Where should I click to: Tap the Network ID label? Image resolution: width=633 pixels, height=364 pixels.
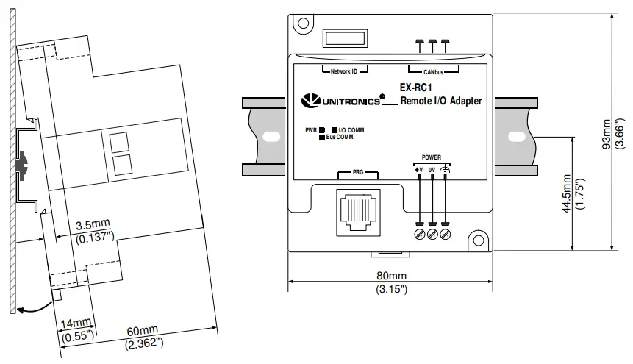tap(344, 72)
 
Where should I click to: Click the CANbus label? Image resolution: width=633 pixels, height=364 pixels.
tap(432, 72)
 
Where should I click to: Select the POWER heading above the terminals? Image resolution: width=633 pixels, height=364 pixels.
tap(431, 157)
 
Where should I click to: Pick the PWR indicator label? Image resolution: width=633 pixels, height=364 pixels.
tap(310, 130)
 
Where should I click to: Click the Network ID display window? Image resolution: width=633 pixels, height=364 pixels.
tap(344, 38)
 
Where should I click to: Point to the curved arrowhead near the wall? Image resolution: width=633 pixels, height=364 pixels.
tap(21, 310)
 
